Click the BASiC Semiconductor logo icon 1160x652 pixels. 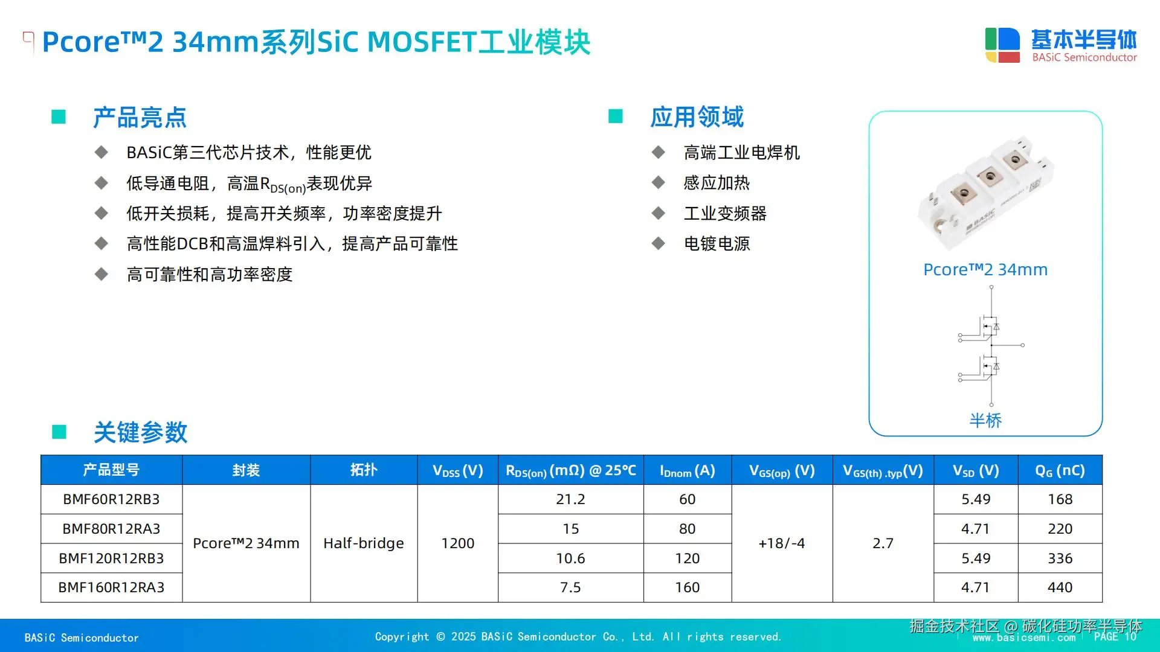[1002, 45]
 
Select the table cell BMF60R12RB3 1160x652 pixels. [111, 499]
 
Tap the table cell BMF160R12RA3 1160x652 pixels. [111, 587]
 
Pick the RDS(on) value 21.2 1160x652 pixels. [570, 499]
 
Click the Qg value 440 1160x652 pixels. [1060, 587]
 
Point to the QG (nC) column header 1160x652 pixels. [1060, 470]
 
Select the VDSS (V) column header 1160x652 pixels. [457, 470]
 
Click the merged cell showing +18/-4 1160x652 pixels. [782, 543]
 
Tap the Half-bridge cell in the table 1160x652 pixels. [364, 543]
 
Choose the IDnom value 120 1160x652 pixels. [687, 558]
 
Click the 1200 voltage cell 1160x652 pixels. [457, 543]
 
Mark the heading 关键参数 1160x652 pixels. [140, 432]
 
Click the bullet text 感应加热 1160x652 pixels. [717, 183]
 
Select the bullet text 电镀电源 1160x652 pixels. [717, 244]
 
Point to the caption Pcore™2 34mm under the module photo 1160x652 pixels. [985, 270]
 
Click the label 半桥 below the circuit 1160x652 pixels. [985, 420]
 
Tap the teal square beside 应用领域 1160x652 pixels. [615, 116]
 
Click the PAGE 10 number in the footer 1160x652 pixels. [1115, 637]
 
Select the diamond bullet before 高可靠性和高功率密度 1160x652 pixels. [101, 274]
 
